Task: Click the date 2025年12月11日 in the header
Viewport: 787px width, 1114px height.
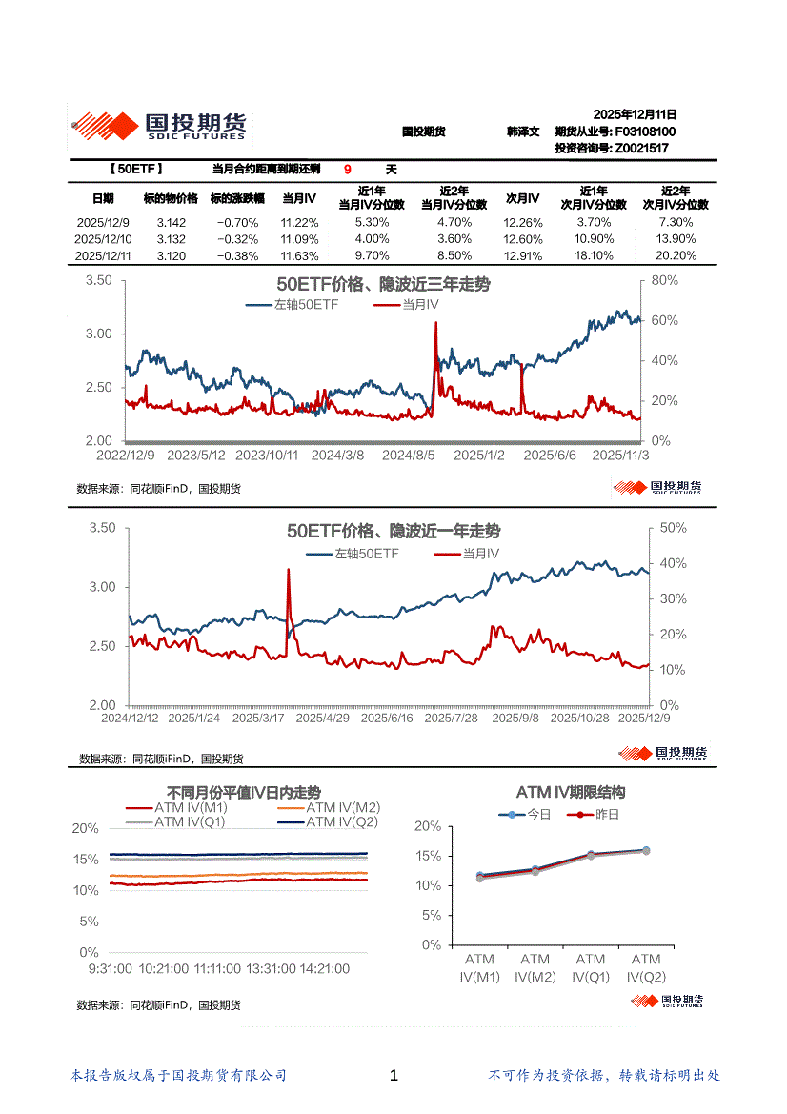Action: (635, 113)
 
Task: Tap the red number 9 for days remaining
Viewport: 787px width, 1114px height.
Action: (348, 170)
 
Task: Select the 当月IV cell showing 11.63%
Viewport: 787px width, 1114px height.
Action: (299, 255)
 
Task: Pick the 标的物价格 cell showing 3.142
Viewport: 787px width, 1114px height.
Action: (171, 222)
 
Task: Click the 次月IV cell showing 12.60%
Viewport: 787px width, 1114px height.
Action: (523, 239)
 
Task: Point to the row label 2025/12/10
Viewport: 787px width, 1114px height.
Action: (103, 239)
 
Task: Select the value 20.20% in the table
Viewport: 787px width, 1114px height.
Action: (677, 255)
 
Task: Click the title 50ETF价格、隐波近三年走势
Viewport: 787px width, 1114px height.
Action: (383, 285)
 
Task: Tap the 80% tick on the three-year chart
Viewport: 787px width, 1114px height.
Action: (663, 281)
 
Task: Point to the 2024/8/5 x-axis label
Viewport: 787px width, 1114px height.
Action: (409, 456)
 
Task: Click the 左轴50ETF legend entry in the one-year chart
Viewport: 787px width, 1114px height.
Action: (366, 553)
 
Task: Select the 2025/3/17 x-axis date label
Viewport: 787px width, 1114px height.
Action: (260, 718)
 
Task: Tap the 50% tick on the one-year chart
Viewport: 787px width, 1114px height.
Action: (673, 528)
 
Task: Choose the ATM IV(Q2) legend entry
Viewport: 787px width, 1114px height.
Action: (342, 821)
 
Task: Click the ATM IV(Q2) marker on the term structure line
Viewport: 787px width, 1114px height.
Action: (646, 850)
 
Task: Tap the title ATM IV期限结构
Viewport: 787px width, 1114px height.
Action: (570, 792)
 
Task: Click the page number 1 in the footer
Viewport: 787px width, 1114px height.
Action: (393, 1075)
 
